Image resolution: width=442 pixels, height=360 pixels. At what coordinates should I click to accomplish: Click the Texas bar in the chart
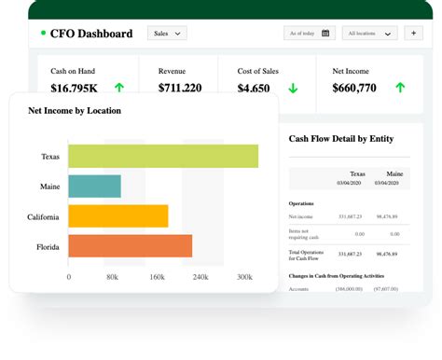pyautogui.click(x=163, y=157)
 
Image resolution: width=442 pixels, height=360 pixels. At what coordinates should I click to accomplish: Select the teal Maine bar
pyautogui.click(x=94, y=187)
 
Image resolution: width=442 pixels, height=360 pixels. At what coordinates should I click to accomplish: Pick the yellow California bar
pyautogui.click(x=118, y=216)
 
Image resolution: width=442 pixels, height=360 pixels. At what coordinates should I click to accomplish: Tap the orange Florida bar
pyautogui.click(x=131, y=246)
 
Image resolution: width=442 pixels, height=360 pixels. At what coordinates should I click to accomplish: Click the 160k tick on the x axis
pyautogui.click(x=157, y=277)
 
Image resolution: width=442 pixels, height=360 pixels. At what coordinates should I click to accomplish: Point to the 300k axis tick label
pyautogui.click(x=245, y=277)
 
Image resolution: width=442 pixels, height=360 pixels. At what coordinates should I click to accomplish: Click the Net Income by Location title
pyautogui.click(x=75, y=110)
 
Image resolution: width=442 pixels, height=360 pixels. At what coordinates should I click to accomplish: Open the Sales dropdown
pyautogui.click(x=167, y=34)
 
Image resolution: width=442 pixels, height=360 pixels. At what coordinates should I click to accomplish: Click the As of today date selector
pyautogui.click(x=309, y=34)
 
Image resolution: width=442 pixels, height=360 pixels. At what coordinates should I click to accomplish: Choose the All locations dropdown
pyautogui.click(x=369, y=34)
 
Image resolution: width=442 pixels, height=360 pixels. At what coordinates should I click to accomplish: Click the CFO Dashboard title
pyautogui.click(x=91, y=34)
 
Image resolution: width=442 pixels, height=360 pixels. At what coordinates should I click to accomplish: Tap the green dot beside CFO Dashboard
pyautogui.click(x=43, y=34)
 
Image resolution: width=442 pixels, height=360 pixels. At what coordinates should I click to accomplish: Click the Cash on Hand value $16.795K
pyautogui.click(x=75, y=89)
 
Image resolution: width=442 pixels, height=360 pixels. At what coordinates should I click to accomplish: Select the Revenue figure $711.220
pyautogui.click(x=180, y=89)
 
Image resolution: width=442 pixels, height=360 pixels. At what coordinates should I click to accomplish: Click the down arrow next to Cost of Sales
pyautogui.click(x=293, y=89)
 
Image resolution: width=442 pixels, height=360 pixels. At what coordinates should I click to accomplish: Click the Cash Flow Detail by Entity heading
pyautogui.click(x=341, y=139)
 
